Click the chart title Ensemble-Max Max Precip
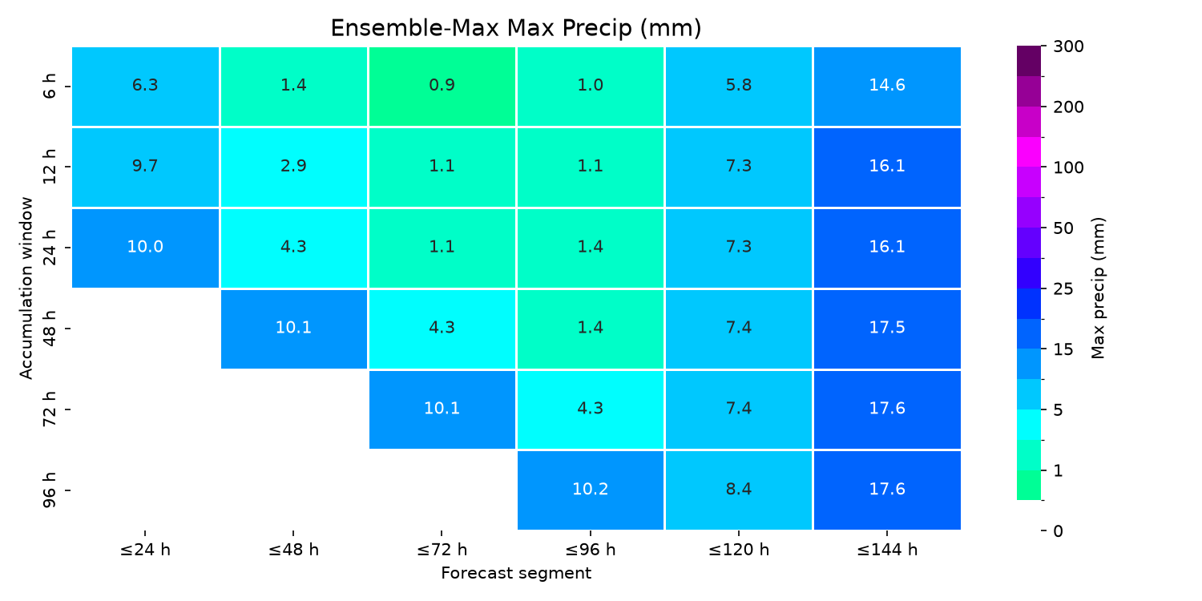point(516,28)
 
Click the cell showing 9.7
point(145,167)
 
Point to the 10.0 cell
point(145,248)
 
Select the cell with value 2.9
point(293,167)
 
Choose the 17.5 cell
point(887,329)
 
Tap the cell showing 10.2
point(591,490)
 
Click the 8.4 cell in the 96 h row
point(739,490)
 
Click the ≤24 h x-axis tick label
point(145,550)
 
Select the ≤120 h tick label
point(739,550)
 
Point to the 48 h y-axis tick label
point(49,328)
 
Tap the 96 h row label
point(49,490)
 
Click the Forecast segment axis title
point(516,573)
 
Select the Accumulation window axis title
point(26,288)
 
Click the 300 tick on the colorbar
point(1068,46)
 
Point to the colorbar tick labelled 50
point(1063,228)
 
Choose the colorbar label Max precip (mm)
point(1098,288)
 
